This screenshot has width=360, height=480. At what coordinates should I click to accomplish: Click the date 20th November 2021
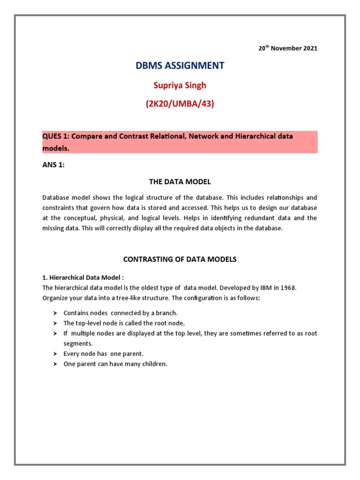(x=287, y=48)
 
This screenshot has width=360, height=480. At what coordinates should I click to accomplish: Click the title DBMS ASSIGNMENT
(x=180, y=66)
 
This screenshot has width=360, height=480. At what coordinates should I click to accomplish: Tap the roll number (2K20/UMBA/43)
(x=180, y=104)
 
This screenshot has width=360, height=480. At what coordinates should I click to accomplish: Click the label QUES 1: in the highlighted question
(x=56, y=136)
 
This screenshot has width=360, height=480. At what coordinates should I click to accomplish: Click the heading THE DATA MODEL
(x=180, y=182)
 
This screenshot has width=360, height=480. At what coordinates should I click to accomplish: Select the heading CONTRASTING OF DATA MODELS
(x=180, y=259)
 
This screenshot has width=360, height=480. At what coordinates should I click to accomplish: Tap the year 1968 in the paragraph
(x=286, y=288)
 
